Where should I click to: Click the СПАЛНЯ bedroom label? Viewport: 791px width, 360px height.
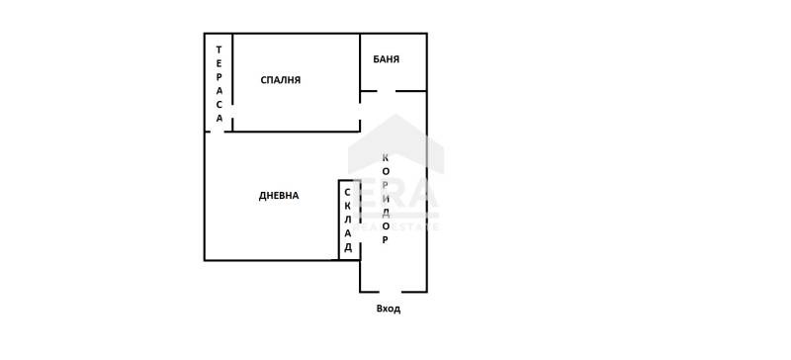point(281,80)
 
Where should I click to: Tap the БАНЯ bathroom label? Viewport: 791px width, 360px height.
point(387,59)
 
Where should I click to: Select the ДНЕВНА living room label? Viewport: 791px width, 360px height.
point(279,196)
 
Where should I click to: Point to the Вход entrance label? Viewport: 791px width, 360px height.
point(389,309)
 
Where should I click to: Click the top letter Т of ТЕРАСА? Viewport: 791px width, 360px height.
point(220,49)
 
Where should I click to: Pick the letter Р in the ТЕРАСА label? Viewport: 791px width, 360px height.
point(220,77)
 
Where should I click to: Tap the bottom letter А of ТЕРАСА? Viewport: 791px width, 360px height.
point(220,118)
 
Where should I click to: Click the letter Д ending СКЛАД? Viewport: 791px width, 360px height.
point(348,247)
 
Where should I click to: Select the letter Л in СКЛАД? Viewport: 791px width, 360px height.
point(348,220)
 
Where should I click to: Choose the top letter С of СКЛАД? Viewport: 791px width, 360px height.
point(348,192)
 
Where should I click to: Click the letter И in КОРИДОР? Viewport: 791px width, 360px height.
point(386,199)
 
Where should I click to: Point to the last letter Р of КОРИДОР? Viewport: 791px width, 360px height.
point(386,239)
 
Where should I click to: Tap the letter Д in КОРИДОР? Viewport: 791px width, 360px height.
point(386,213)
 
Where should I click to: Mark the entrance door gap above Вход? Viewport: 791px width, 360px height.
point(390,292)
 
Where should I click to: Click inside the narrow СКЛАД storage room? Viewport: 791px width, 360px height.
point(349,220)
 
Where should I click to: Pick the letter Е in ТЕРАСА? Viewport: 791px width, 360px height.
point(220,63)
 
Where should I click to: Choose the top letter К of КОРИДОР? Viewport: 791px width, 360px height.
point(386,158)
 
